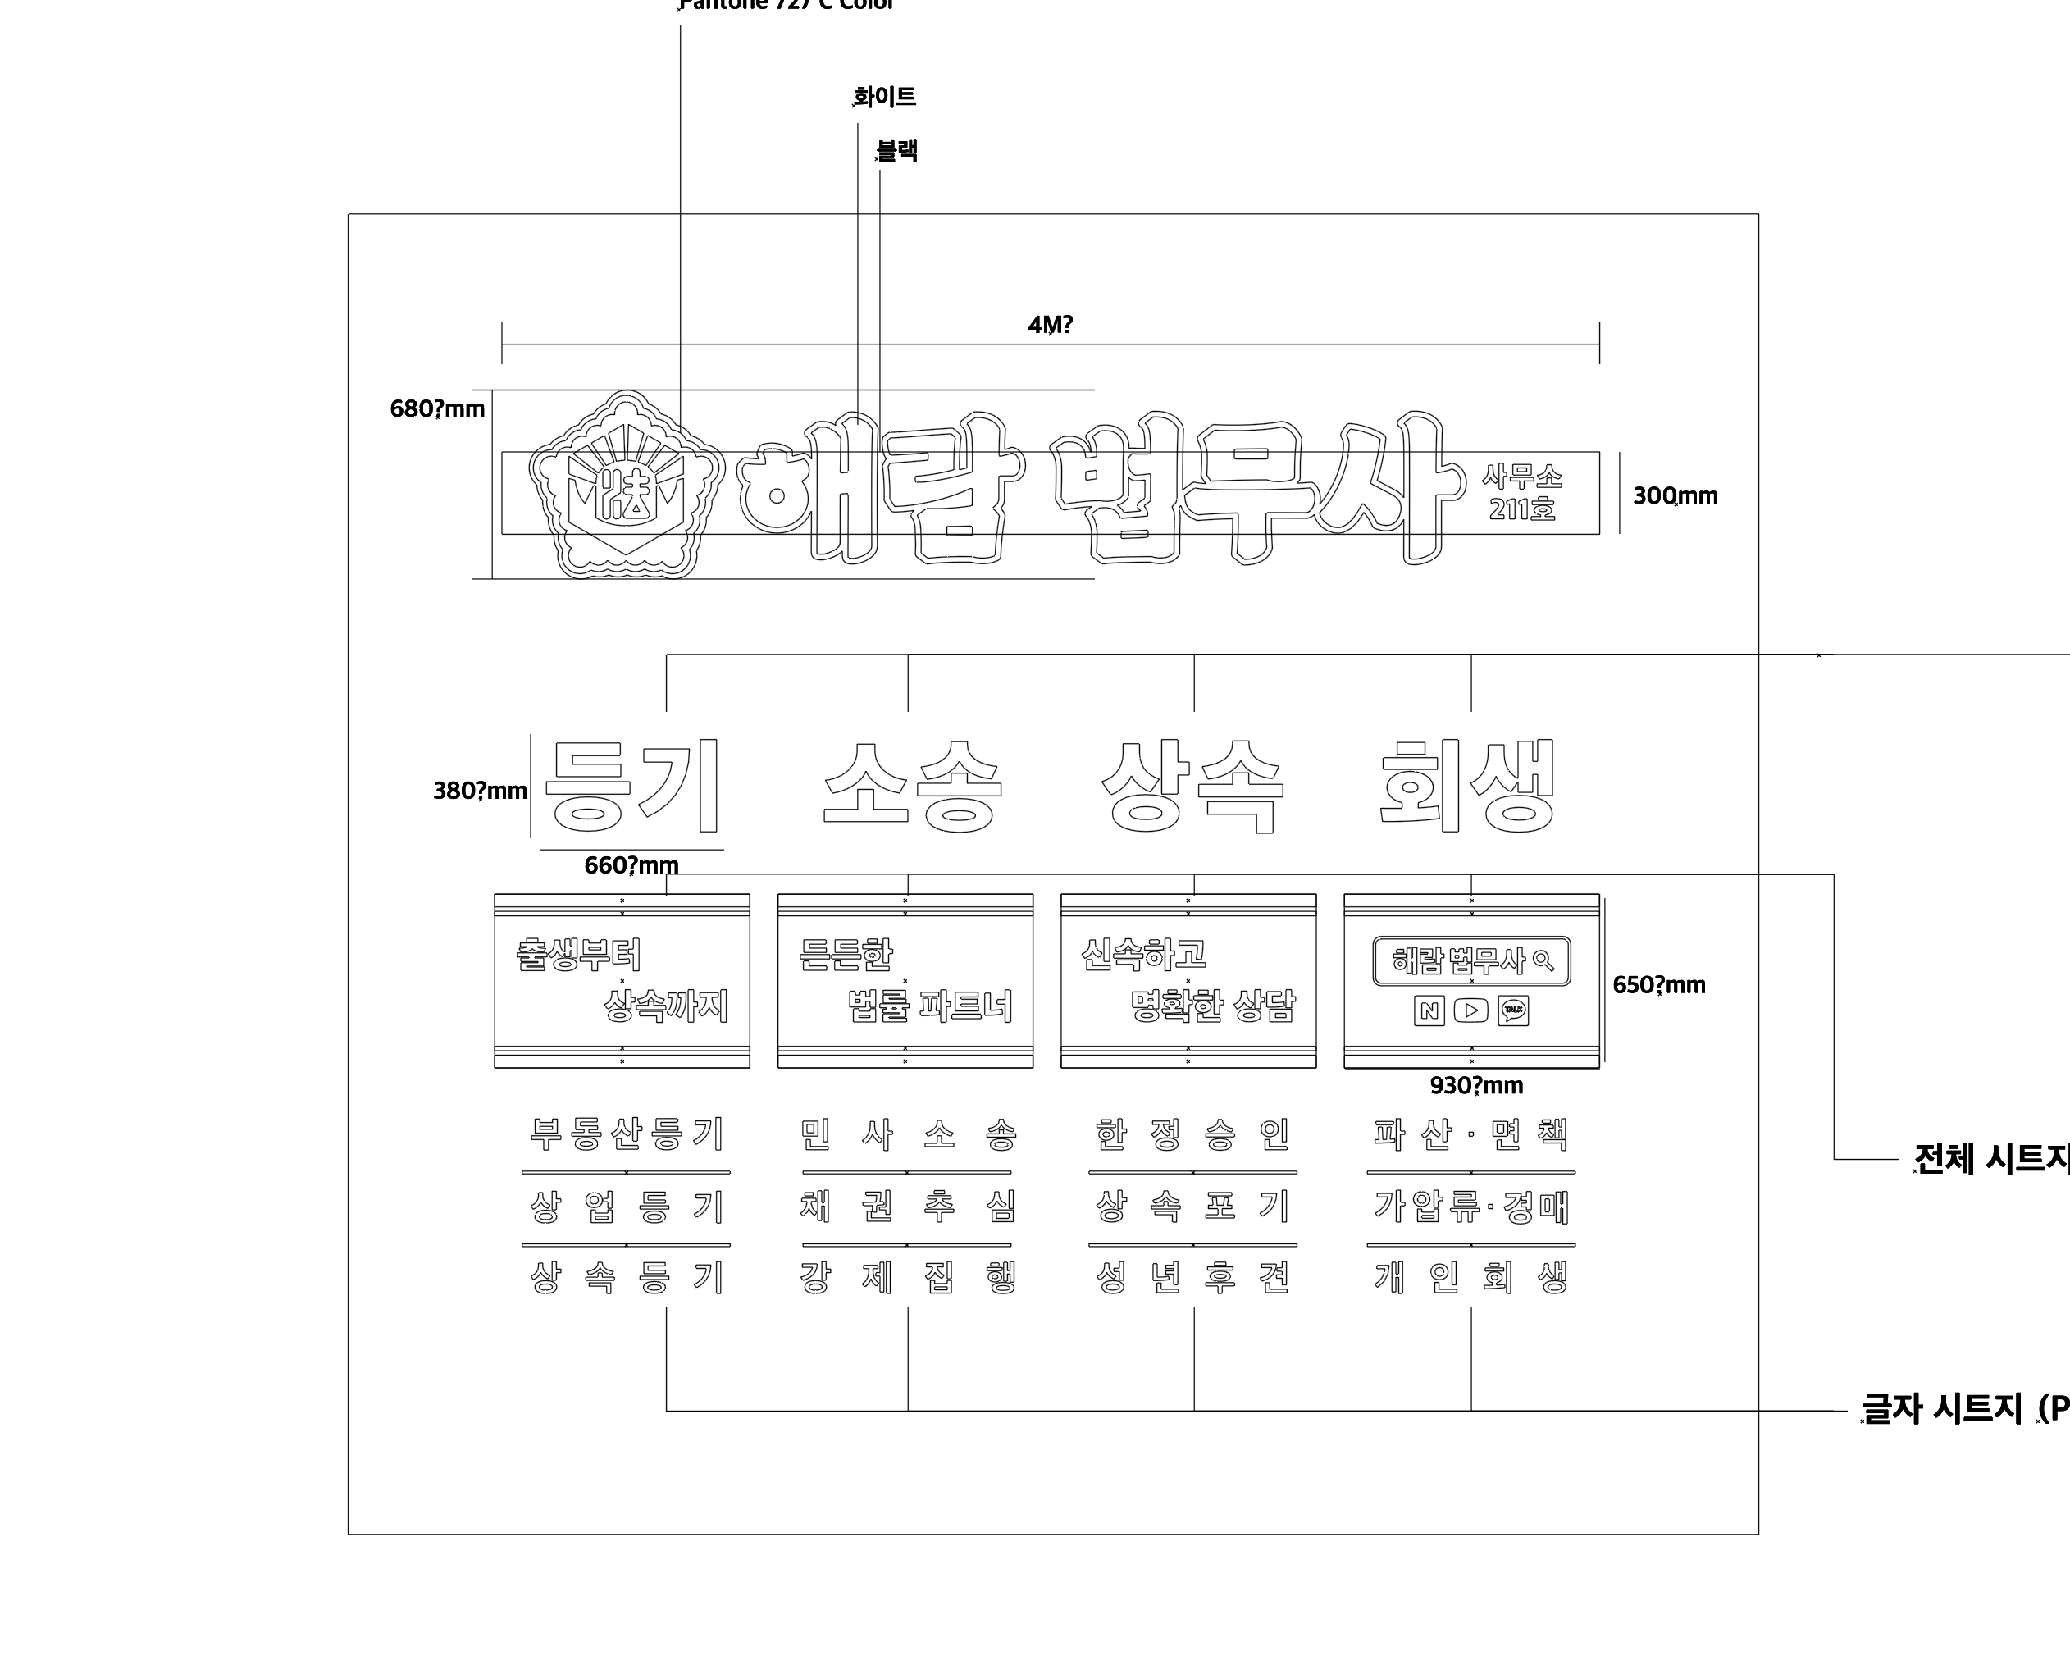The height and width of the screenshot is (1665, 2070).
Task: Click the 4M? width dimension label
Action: tap(1050, 325)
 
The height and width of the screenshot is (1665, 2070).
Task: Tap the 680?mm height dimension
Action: tap(437, 409)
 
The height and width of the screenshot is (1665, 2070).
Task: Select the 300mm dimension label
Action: tap(1675, 495)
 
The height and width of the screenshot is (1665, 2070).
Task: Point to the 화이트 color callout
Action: tap(884, 97)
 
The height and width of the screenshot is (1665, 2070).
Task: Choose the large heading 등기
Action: tap(631, 786)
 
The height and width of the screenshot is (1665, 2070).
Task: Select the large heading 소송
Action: tap(912, 786)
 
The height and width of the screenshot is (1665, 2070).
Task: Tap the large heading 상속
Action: tap(1192, 786)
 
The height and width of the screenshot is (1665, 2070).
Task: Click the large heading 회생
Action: tap(1467, 786)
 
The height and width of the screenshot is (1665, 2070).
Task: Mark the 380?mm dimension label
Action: tap(479, 791)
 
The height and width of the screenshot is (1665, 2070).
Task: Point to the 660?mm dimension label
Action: tap(631, 865)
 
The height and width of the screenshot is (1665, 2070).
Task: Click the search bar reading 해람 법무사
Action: tap(1470, 960)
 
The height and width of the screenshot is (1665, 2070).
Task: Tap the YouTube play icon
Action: tap(1470, 1010)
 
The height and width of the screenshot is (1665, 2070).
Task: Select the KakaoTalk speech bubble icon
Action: tap(1513, 1010)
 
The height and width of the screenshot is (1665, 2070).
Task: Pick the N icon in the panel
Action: tap(1429, 1010)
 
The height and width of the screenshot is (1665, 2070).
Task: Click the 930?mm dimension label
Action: tap(1475, 1085)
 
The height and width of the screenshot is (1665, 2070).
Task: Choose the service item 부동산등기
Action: tap(626, 1134)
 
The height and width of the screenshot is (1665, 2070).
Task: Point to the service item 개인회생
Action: tap(1470, 1278)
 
